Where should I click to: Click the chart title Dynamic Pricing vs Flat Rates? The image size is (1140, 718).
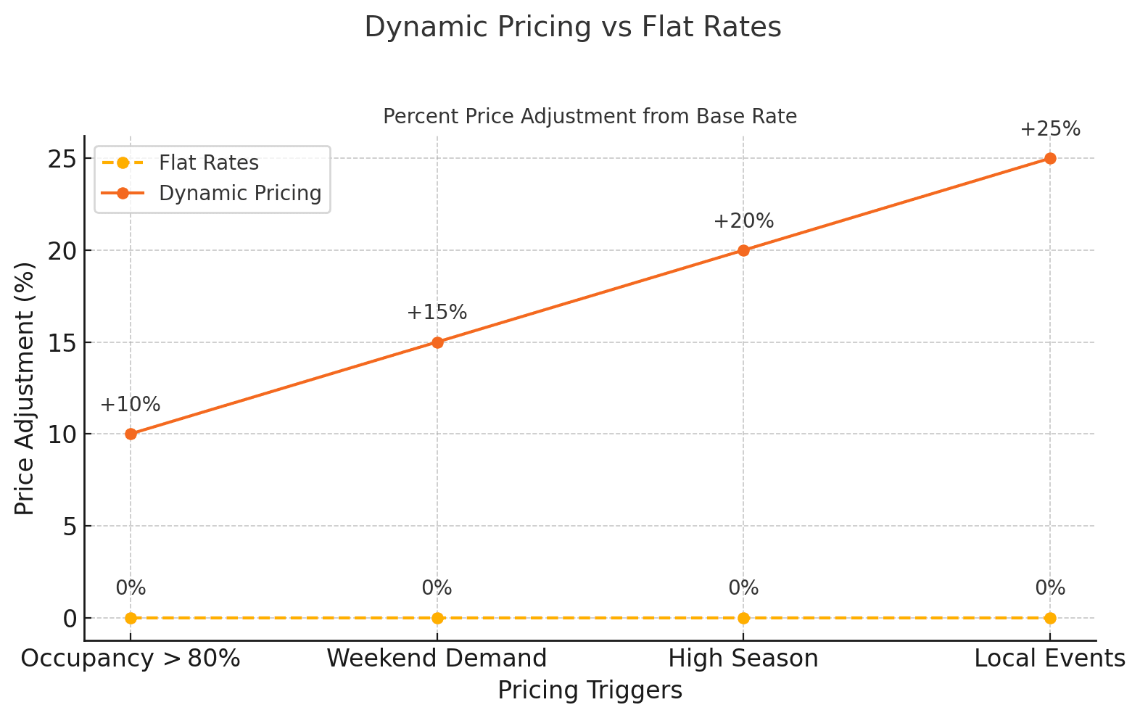click(x=572, y=28)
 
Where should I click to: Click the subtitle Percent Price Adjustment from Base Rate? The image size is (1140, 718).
click(x=590, y=117)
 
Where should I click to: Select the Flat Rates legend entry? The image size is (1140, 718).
click(x=209, y=162)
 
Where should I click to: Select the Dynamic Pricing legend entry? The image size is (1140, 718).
click(x=239, y=193)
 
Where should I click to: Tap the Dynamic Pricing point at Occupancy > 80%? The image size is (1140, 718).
click(x=131, y=434)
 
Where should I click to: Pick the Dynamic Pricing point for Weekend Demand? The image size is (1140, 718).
click(x=437, y=342)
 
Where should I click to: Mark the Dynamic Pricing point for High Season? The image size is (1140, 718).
click(x=743, y=250)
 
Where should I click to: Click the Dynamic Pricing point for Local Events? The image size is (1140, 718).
click(x=1049, y=158)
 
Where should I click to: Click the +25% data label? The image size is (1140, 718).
click(x=1049, y=130)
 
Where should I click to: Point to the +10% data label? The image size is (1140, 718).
click(x=131, y=405)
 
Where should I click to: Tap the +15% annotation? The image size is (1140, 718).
click(x=437, y=313)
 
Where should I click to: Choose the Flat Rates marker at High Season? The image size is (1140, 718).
click(x=743, y=618)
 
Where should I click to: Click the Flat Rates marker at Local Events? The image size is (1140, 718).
click(x=1049, y=618)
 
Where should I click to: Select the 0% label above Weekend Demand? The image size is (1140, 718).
click(x=437, y=588)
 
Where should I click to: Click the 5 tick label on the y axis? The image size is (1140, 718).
click(x=69, y=526)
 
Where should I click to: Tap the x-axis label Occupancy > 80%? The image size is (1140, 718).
click(x=131, y=659)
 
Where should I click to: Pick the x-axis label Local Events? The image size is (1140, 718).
click(x=1049, y=659)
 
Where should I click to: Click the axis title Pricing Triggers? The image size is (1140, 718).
click(x=590, y=690)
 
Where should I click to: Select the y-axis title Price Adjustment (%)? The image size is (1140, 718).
click(x=25, y=388)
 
